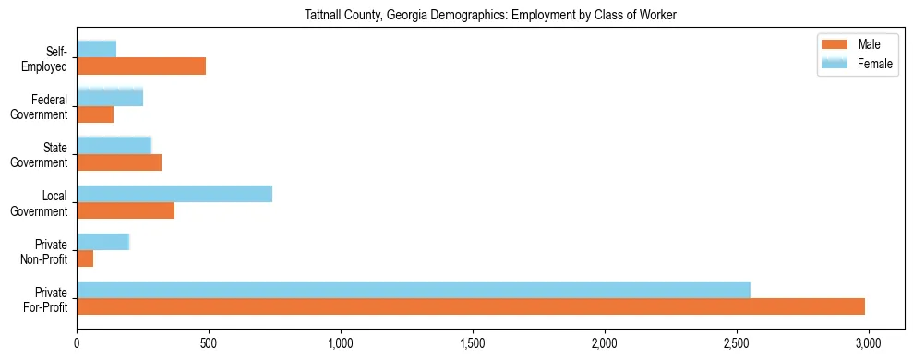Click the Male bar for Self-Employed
pyautogui.click(x=141, y=66)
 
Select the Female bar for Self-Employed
pyautogui.click(x=97, y=49)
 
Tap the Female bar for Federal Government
pyautogui.click(x=110, y=97)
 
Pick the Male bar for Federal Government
pyautogui.click(x=95, y=114)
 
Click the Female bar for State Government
pyautogui.click(x=114, y=145)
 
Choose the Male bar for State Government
pyautogui.click(x=119, y=162)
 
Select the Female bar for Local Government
pyautogui.click(x=174, y=193)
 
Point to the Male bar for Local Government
pyautogui.click(x=126, y=210)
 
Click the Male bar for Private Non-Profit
pyautogui.click(x=85, y=258)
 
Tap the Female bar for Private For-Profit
pyautogui.click(x=414, y=289)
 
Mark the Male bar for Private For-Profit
pyautogui.click(x=471, y=306)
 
